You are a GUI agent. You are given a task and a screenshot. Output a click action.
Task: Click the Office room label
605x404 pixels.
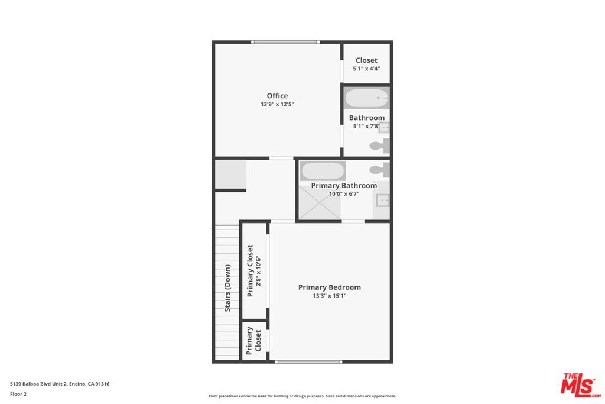(x=277, y=96)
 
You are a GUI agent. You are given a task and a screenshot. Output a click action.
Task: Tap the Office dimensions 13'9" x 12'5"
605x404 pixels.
(x=277, y=104)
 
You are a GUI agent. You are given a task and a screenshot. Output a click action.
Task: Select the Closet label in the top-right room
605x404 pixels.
(x=366, y=60)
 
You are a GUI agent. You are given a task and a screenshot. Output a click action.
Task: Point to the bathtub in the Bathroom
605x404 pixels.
(x=366, y=98)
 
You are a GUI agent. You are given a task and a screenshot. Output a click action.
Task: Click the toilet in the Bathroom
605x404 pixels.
(x=380, y=146)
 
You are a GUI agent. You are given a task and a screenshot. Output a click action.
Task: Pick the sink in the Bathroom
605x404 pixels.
(x=383, y=127)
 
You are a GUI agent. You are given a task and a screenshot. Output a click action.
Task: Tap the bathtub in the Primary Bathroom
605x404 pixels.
(x=323, y=171)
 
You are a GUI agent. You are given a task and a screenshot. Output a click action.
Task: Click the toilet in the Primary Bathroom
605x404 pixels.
(x=380, y=170)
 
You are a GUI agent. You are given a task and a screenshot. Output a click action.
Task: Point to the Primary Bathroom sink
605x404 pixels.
(x=382, y=201)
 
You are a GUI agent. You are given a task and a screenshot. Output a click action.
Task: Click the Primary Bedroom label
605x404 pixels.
(x=330, y=287)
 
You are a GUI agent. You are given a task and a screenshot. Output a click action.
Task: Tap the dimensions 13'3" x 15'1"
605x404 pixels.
(x=330, y=296)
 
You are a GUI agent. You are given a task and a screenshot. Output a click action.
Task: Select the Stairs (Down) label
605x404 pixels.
(x=227, y=288)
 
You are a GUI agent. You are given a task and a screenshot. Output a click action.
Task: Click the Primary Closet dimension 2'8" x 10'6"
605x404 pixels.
(x=259, y=271)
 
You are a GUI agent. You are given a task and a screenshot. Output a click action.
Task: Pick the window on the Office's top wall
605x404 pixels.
(x=285, y=42)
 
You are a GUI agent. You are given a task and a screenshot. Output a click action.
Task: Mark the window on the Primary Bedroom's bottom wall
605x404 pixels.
(x=308, y=362)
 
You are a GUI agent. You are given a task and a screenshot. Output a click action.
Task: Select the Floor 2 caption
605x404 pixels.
(x=18, y=394)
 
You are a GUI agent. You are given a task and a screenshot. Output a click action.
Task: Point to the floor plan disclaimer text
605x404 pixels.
(x=302, y=396)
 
